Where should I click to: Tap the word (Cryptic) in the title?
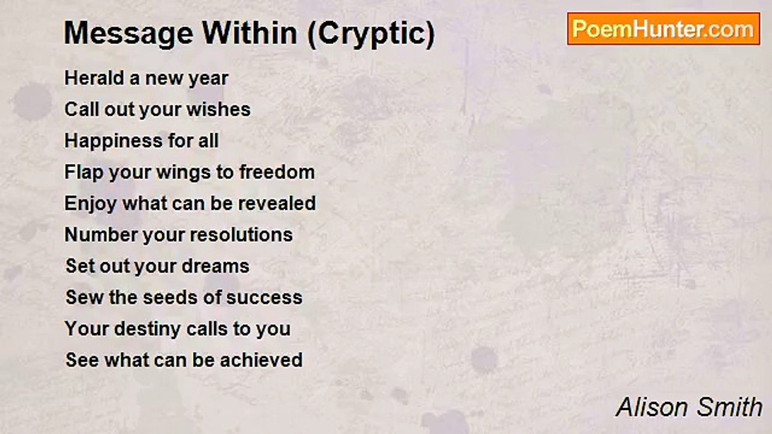click(x=370, y=34)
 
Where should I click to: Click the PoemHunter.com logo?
click(x=663, y=29)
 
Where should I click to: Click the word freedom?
click(x=277, y=172)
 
